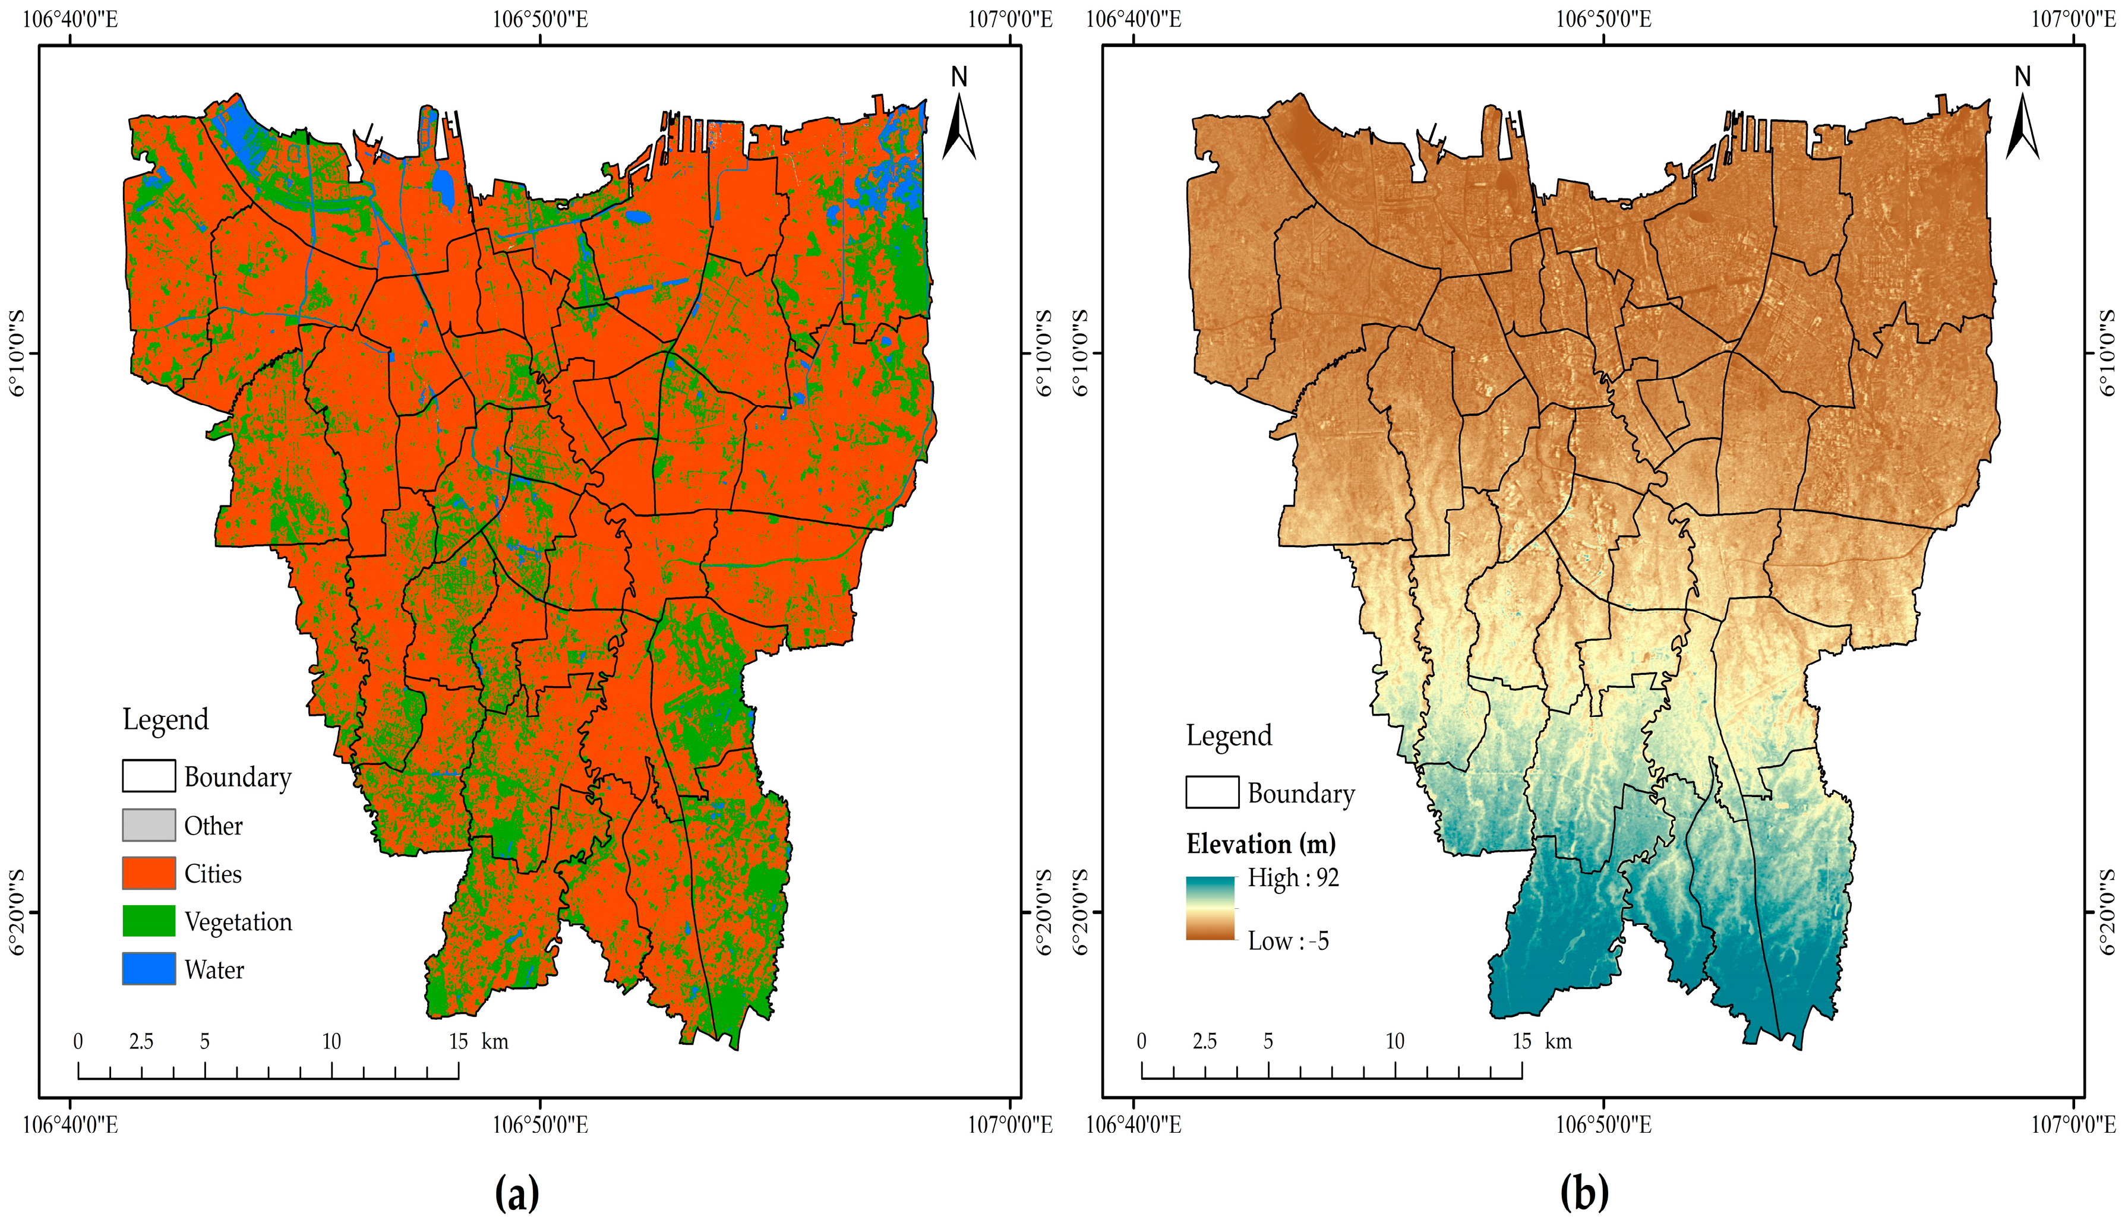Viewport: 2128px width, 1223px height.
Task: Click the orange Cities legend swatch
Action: pyautogui.click(x=149, y=873)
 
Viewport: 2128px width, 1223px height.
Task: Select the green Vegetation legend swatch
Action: pyautogui.click(x=149, y=921)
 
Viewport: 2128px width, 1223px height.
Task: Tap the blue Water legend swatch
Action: pyautogui.click(x=149, y=969)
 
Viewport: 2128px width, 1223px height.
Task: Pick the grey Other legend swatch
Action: pyautogui.click(x=149, y=825)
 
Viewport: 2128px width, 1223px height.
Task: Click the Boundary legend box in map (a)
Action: pyautogui.click(x=149, y=776)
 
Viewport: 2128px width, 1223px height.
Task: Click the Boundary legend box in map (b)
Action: pyautogui.click(x=1211, y=792)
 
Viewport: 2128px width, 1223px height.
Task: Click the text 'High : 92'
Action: pyautogui.click(x=1293, y=878)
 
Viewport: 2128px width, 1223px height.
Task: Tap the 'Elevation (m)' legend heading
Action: pyautogui.click(x=1260, y=843)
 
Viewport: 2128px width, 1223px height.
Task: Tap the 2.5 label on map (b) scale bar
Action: pyautogui.click(x=1204, y=1042)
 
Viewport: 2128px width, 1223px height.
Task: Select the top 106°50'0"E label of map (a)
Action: pyautogui.click(x=539, y=18)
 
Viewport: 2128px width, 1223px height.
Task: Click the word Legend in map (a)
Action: pyautogui.click(x=166, y=720)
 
